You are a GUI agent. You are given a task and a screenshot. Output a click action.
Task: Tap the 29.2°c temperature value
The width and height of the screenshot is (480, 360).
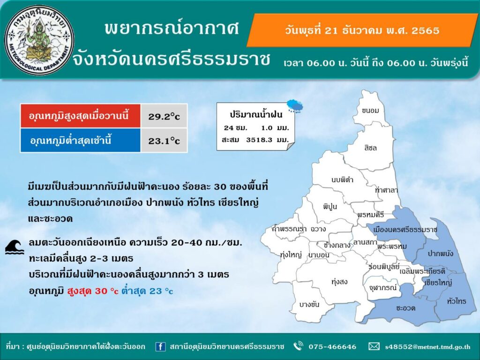pos(164,116)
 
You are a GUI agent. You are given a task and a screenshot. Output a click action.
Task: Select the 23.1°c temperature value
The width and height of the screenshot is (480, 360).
pos(164,141)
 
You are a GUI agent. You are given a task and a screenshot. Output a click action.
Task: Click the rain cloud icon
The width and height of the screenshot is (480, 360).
pos(295,105)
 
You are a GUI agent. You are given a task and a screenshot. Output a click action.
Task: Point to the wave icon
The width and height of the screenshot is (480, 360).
pos(15,247)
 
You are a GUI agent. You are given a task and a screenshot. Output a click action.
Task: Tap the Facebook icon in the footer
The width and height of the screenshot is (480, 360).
pos(160,346)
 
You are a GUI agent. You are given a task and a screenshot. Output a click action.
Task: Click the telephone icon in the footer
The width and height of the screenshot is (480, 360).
pos(298,346)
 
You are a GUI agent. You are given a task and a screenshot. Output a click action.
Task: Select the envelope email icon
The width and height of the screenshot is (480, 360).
pos(374,346)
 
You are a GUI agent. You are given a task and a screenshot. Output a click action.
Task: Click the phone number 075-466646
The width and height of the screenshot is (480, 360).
pos(332,346)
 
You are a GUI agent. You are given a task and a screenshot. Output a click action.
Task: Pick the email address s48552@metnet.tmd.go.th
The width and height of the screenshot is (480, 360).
pos(427,347)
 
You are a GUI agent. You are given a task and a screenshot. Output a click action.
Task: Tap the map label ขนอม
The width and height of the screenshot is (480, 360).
pos(370,111)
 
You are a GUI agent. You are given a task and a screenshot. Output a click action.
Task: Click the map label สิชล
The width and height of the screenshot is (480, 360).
pos(370,148)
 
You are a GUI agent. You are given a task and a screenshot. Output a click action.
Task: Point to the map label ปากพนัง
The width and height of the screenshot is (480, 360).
pos(440,253)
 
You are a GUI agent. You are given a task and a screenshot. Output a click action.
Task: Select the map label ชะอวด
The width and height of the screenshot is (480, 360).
pos(405,307)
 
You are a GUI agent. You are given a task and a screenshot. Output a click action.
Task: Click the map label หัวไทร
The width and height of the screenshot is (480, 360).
pos(457,301)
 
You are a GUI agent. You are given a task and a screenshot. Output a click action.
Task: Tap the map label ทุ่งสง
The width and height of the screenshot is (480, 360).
pos(339,281)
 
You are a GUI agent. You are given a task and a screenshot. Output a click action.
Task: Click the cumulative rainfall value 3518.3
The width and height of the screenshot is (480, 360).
pos(259,140)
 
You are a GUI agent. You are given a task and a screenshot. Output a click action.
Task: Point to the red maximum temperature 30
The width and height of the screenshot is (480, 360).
pos(101,291)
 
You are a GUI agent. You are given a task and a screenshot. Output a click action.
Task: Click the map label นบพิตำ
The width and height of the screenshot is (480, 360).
pos(342,180)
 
